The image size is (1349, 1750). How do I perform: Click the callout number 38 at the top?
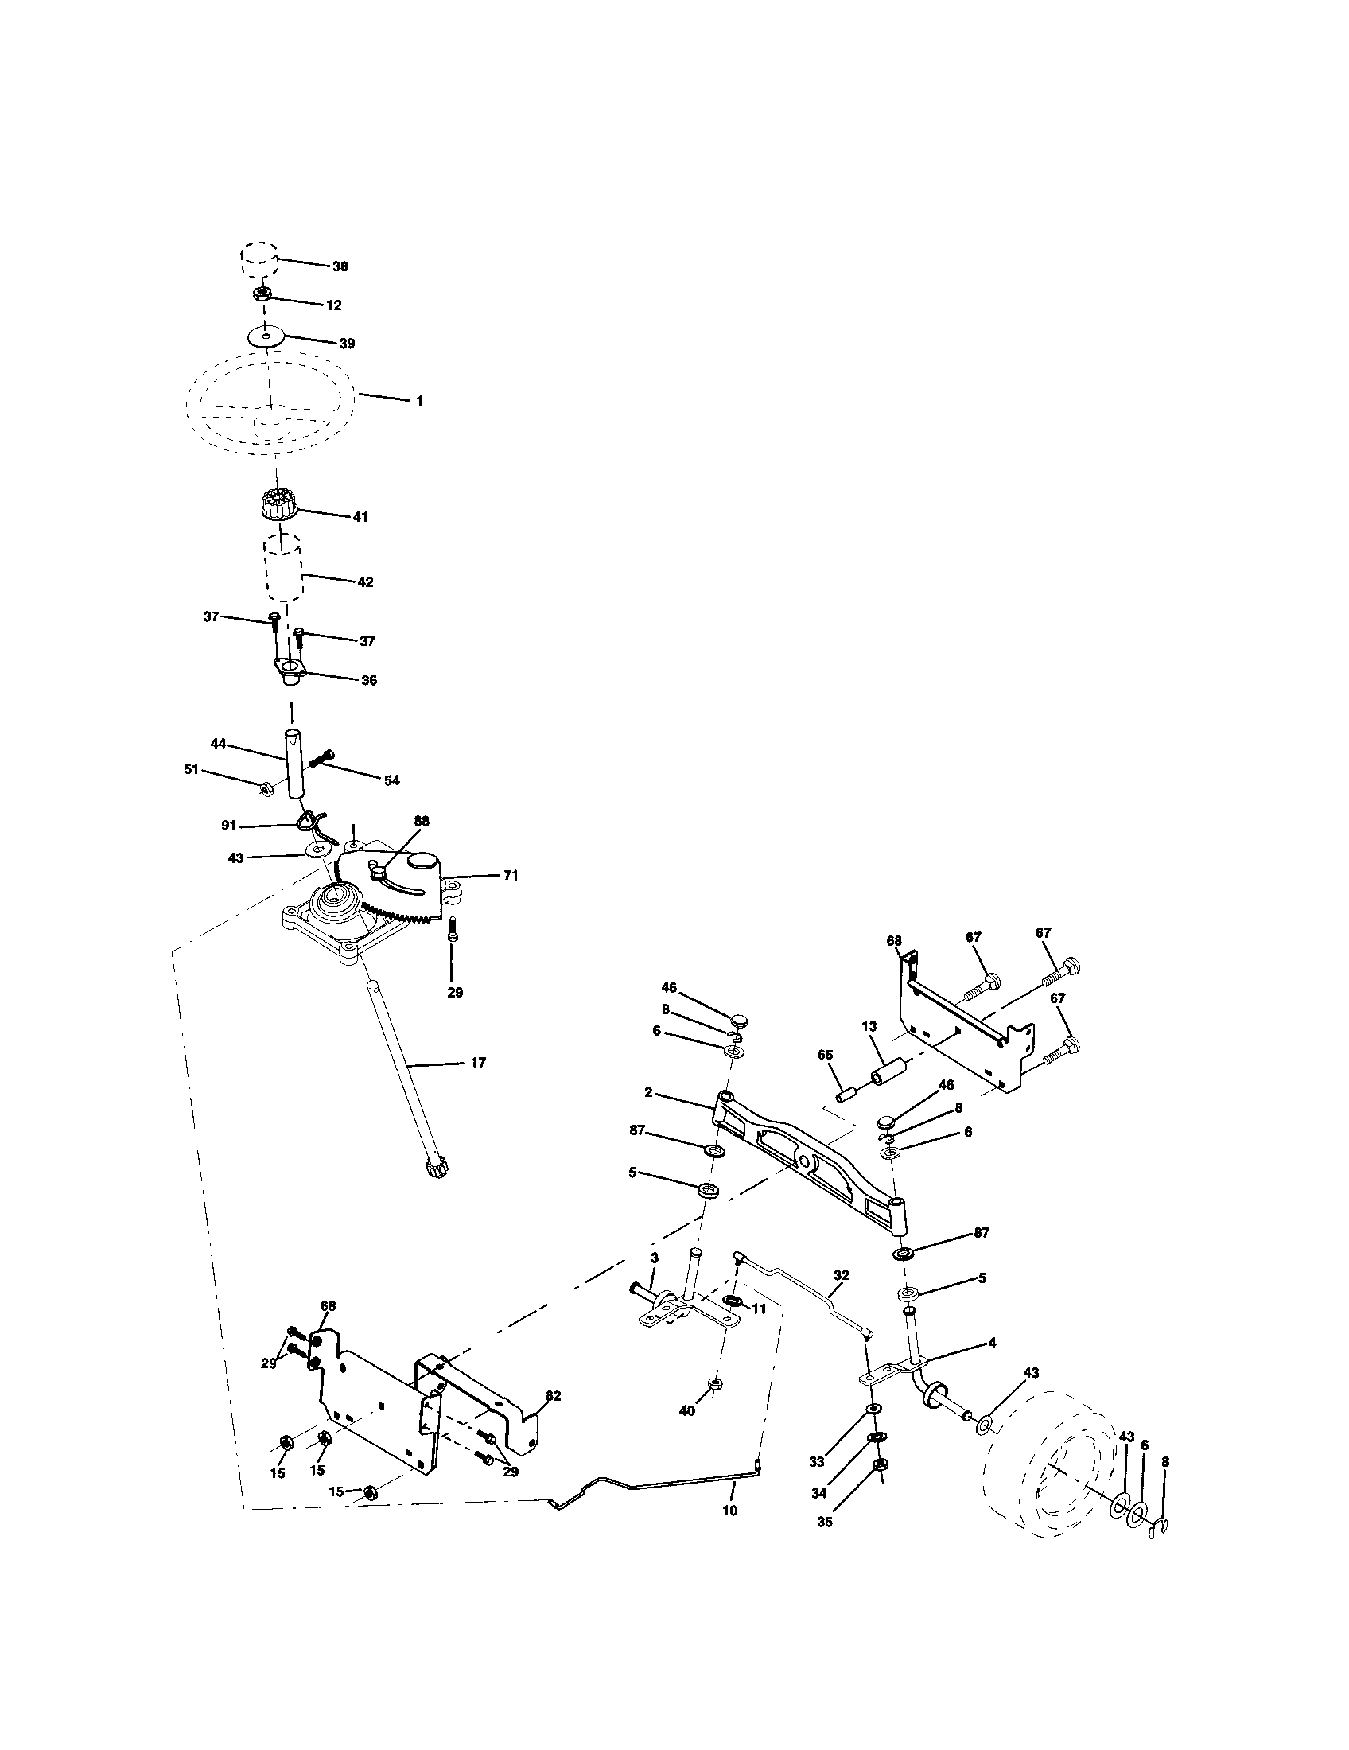(340, 266)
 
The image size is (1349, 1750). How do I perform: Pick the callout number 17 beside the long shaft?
(477, 1063)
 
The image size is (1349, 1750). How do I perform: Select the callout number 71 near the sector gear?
(511, 876)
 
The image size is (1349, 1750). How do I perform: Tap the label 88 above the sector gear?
(422, 822)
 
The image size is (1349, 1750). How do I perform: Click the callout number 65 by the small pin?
(826, 1056)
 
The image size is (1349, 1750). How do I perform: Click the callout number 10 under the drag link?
(729, 1511)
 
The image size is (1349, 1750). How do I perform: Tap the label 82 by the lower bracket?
(553, 1395)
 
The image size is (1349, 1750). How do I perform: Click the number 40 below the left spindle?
(686, 1411)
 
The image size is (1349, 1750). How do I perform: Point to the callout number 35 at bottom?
(824, 1522)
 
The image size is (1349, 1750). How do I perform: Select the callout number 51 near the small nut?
(191, 770)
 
